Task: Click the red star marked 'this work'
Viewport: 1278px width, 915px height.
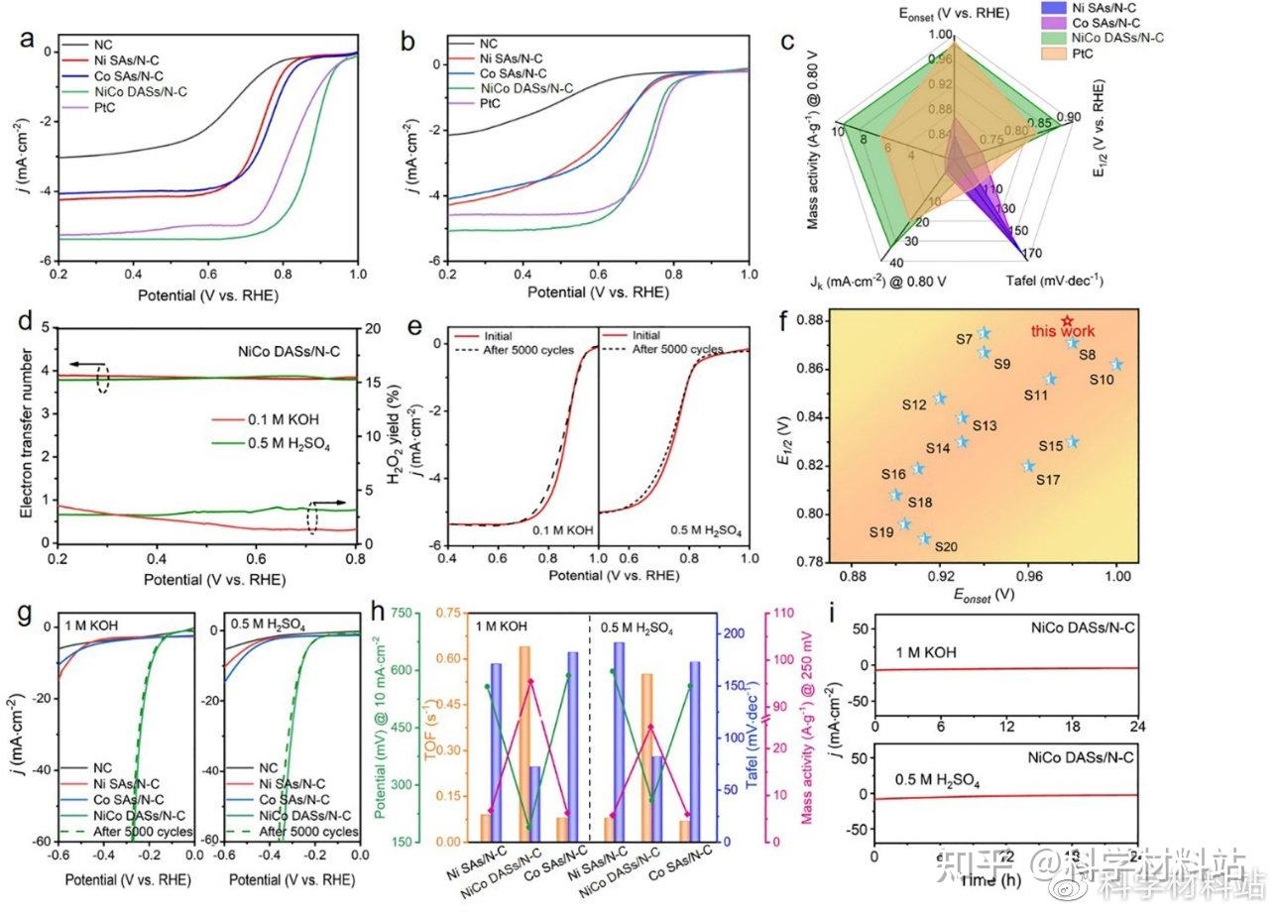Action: pos(1067,321)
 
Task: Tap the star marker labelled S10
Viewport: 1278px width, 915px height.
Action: pos(1116,365)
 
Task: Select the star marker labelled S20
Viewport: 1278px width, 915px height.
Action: pos(924,538)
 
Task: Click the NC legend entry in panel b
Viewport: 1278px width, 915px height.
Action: pos(488,44)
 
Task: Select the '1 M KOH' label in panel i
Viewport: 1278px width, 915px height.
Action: pos(927,654)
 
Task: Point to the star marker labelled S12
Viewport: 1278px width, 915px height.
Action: pos(941,399)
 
